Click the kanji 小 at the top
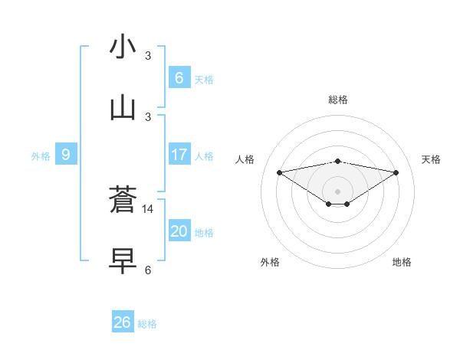point(123,47)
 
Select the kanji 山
point(123,108)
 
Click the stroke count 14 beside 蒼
point(148,208)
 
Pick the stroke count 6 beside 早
point(148,270)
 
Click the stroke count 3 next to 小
point(148,55)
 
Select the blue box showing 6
point(179,77)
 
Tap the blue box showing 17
point(179,155)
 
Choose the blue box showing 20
point(179,231)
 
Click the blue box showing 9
point(66,155)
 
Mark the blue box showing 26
point(122,322)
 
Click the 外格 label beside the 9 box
point(41,156)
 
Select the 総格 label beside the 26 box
point(147,324)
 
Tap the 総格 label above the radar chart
point(338,100)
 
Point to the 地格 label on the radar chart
point(402,262)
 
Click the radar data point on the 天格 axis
point(396,172)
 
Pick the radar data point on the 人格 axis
point(279,172)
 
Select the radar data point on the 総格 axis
point(338,161)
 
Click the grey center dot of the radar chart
point(338,191)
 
